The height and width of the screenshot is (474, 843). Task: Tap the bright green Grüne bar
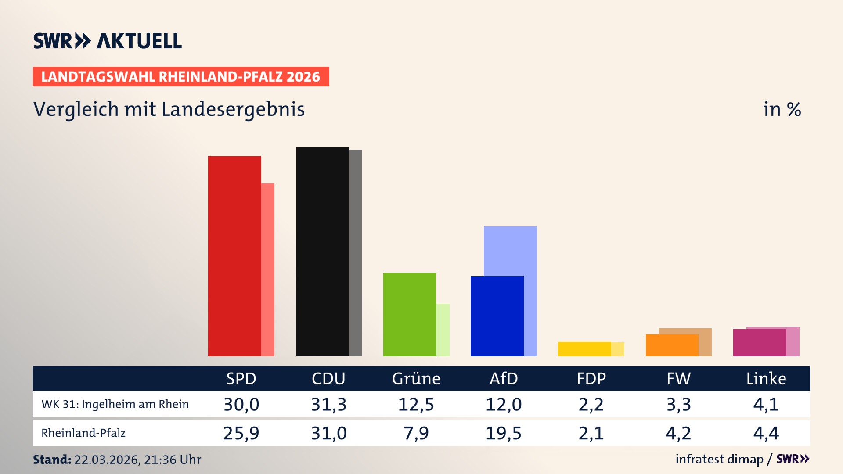coord(409,314)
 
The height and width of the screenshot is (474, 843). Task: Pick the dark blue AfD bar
coord(497,316)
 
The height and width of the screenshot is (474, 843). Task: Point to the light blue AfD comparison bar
coord(510,250)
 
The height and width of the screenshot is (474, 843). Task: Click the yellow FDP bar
coord(584,349)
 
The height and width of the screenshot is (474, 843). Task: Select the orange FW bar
coord(672,345)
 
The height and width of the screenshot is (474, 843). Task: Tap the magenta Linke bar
coord(759,343)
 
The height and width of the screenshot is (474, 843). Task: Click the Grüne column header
coord(416,378)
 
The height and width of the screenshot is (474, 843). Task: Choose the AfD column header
coord(504,378)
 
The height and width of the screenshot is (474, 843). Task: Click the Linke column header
coord(766,378)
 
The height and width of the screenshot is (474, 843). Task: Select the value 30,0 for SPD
coord(241,404)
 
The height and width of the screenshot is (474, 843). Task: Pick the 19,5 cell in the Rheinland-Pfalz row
coord(503,433)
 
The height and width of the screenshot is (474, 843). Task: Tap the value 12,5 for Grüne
coord(416,404)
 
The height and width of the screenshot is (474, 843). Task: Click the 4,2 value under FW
coord(678,433)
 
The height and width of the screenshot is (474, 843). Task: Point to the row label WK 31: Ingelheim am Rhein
coord(115,404)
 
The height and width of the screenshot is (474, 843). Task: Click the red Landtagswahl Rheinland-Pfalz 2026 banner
coord(181,76)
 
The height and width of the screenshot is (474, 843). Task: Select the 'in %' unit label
coord(782,109)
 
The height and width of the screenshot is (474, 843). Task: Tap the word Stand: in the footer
coord(52,460)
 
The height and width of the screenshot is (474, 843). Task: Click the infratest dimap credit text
coord(719,459)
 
